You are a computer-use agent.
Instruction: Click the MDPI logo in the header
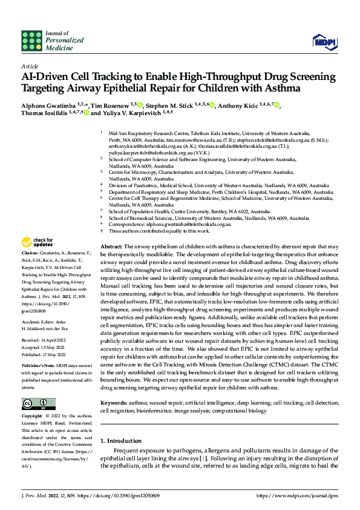tap(321, 41)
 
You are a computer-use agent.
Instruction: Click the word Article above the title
tap(29, 65)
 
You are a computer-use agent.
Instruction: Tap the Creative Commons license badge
tap(38, 404)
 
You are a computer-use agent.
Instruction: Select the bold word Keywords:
tap(113, 403)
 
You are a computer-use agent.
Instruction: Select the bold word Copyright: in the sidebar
tap(32, 417)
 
